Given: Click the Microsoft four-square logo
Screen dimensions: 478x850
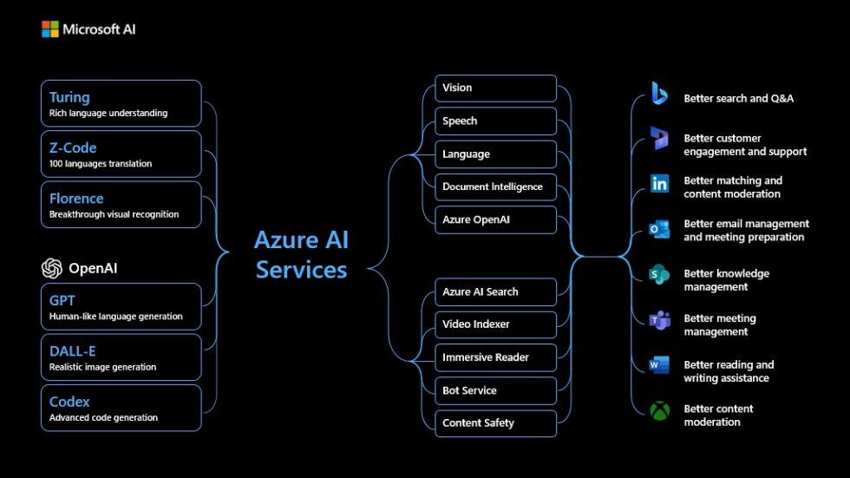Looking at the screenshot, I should [x=50, y=29].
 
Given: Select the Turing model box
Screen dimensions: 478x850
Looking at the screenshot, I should [x=121, y=103].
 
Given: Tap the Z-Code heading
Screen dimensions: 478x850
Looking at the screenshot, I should [x=73, y=147].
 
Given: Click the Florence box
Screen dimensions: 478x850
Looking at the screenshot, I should [x=121, y=204].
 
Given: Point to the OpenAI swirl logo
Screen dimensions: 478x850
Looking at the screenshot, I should [x=52, y=268].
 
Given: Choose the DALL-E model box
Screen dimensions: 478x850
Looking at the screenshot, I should [x=121, y=357].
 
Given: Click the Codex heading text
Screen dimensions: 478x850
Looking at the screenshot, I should [x=69, y=402].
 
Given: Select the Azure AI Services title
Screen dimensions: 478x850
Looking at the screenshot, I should [x=301, y=255].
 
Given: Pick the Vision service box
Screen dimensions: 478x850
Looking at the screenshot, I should [x=495, y=88].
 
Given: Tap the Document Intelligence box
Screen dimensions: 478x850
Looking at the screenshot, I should [x=495, y=187].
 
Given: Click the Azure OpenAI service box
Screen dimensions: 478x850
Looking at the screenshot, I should [x=495, y=219].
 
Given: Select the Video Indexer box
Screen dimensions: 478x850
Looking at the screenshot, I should [x=495, y=324].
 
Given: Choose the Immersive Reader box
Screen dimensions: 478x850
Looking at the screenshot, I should [x=495, y=357].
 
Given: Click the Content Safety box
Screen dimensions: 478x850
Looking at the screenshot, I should [x=495, y=423].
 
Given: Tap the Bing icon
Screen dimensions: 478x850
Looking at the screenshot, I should [x=660, y=94].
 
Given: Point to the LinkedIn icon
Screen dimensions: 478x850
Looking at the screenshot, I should [x=660, y=184].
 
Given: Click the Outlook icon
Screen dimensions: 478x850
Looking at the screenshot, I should [x=660, y=229].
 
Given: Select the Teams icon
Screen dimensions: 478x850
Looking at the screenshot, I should [x=660, y=320].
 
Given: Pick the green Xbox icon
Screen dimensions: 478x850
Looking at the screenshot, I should [x=660, y=410].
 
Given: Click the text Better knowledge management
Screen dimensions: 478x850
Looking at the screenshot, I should [x=726, y=280].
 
